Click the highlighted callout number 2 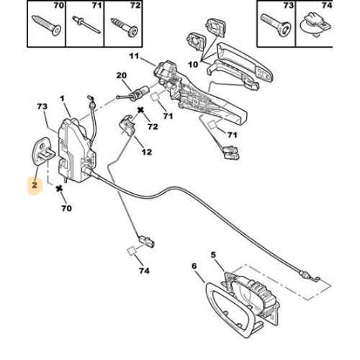click(x=35, y=185)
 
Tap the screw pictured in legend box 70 click(x=47, y=25)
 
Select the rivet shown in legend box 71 click(x=86, y=24)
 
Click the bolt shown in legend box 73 click(x=276, y=25)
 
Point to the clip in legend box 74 click(x=316, y=26)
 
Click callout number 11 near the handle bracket click(x=134, y=56)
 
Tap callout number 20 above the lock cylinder click(x=122, y=76)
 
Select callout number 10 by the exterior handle click(x=193, y=64)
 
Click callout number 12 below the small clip click(x=147, y=152)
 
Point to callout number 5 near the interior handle click(x=213, y=255)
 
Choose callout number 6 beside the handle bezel click(x=194, y=266)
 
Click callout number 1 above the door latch click(x=63, y=99)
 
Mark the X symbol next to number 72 click(x=140, y=110)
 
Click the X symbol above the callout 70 click(x=59, y=189)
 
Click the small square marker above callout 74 click(x=131, y=251)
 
